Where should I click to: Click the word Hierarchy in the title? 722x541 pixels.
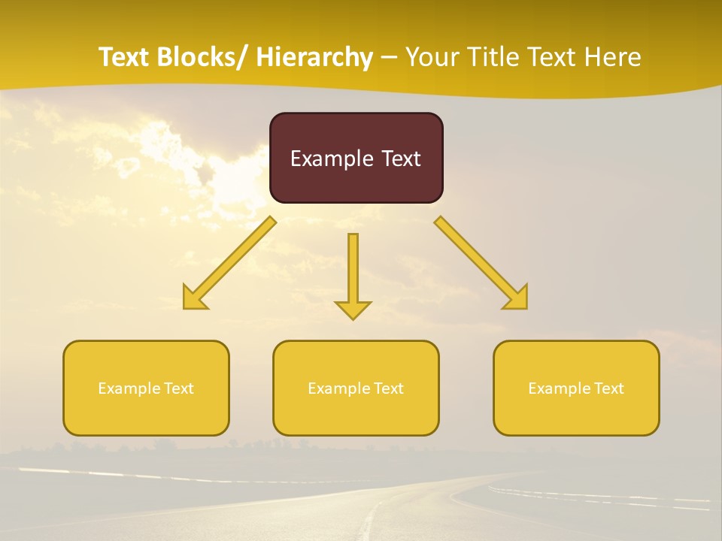[314, 57]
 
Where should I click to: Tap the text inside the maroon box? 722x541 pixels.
[356, 159]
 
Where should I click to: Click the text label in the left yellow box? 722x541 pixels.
[146, 388]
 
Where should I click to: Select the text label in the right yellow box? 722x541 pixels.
[576, 388]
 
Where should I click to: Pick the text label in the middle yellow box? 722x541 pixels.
[356, 388]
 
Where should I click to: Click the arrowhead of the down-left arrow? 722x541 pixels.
[194, 299]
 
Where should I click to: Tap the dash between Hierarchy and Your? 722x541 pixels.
[389, 58]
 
